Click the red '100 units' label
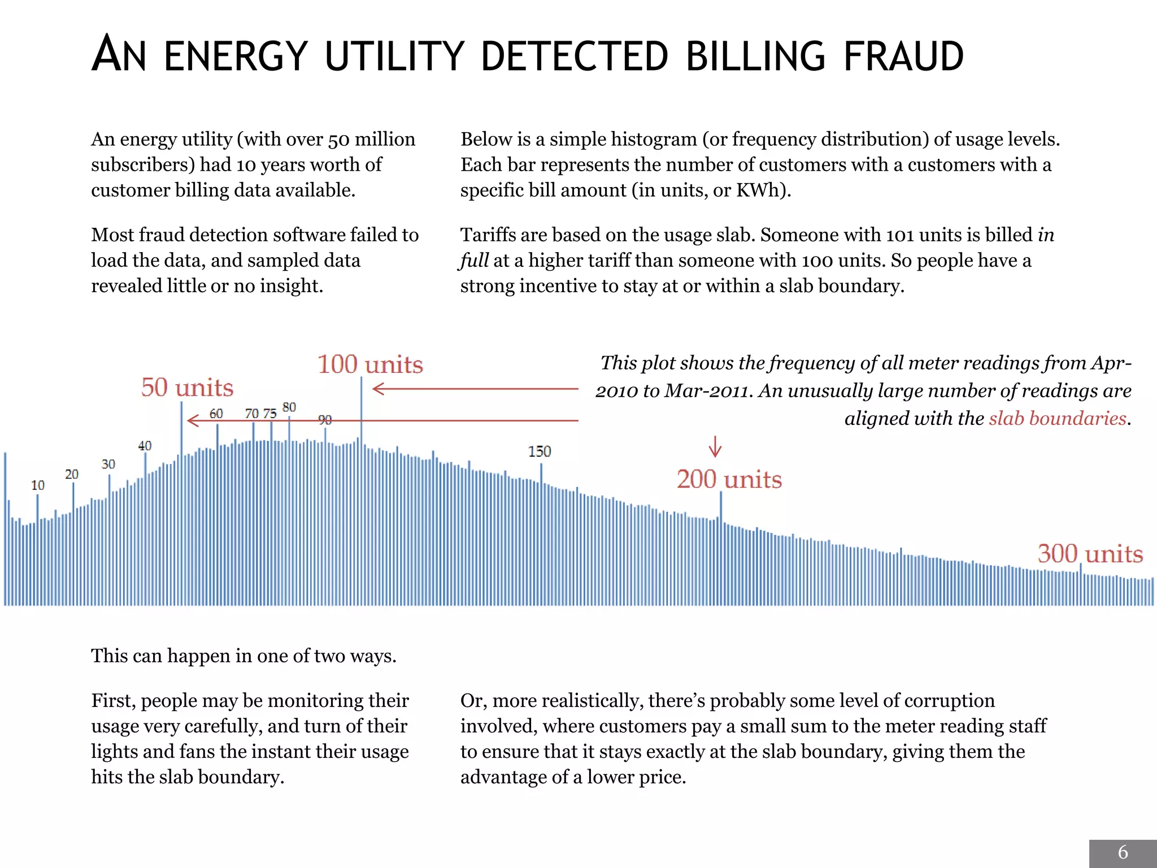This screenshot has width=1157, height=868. coord(370,364)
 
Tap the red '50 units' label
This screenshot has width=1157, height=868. coord(187,388)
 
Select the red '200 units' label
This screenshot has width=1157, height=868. coord(729,479)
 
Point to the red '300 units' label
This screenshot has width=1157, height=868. coord(1090,554)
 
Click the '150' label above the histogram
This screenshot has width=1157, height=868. coord(540,452)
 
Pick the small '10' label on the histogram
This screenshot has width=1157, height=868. coord(37,485)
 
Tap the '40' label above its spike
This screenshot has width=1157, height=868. coord(145,446)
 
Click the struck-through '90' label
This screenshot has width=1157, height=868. coord(325,420)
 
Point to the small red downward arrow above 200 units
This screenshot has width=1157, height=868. coord(715,446)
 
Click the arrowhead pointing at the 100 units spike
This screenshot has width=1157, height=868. coord(377,389)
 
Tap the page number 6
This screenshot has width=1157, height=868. coord(1123,852)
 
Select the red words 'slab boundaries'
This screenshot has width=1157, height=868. coord(1058,418)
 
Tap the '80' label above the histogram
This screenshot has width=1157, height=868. coord(289,407)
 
